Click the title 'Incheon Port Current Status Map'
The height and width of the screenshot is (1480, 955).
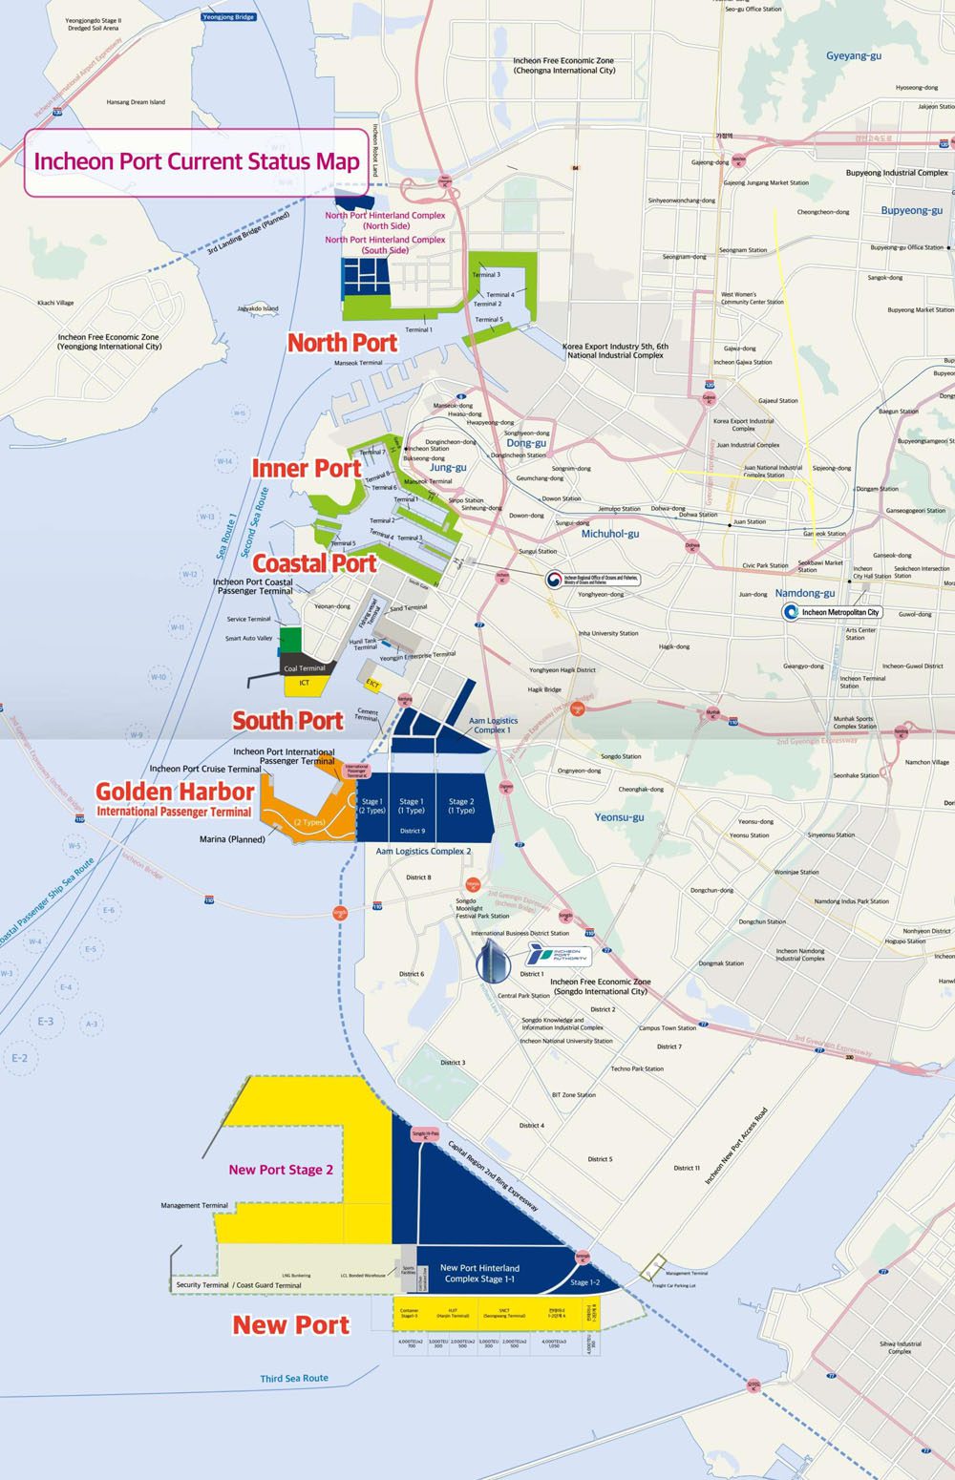196,161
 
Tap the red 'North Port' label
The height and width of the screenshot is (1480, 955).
342,342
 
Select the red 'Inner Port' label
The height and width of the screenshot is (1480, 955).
306,468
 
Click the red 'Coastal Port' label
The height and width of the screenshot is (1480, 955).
314,563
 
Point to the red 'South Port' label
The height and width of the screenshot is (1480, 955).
287,721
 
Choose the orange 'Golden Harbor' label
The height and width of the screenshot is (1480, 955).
175,792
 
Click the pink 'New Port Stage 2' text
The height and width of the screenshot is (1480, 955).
281,1170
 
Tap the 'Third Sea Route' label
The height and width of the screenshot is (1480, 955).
294,1378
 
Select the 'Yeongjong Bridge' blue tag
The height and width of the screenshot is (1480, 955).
229,17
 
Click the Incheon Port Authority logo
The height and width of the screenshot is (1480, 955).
559,955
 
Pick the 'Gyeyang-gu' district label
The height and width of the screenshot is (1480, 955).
853,56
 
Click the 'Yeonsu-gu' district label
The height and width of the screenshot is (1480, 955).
619,817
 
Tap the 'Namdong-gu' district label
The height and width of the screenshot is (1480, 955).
804,593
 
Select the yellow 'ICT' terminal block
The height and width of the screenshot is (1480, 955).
305,684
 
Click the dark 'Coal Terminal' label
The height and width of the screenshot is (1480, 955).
305,668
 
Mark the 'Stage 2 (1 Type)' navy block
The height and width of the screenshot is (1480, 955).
461,807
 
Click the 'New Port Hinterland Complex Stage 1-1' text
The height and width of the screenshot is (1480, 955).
479,1273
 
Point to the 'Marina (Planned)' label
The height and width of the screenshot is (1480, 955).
232,839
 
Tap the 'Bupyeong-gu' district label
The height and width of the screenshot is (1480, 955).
911,210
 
